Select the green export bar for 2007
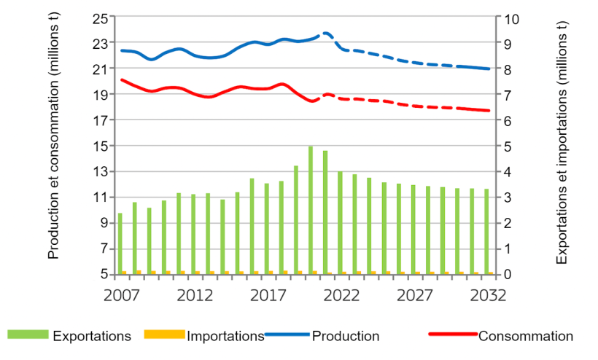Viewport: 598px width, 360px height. click(120, 243)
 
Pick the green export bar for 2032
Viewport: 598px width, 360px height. click(486, 241)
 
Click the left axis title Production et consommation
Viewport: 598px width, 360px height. click(54, 146)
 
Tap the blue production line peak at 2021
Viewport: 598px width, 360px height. click(326, 33)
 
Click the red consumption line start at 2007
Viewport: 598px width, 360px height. click(121, 79)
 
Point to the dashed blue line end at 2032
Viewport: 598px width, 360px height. click(489, 69)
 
